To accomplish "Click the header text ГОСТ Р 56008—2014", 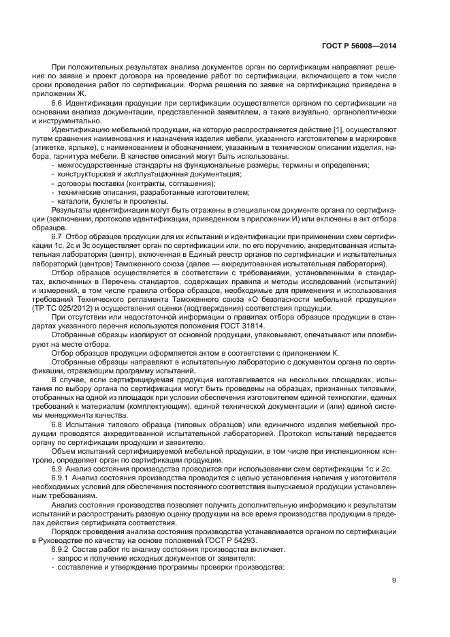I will tap(359, 47).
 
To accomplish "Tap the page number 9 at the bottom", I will tap(394, 580).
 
